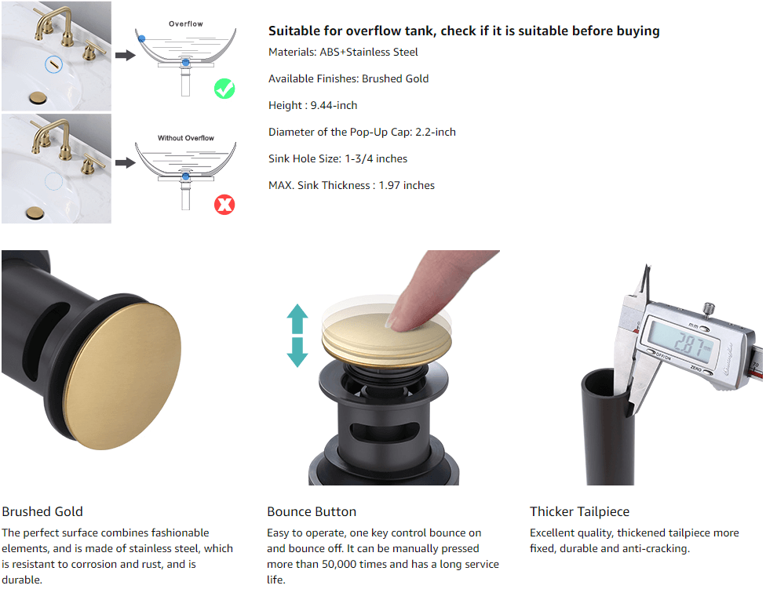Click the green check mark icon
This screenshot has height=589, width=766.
pyautogui.click(x=224, y=89)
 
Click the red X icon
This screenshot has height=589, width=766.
pyautogui.click(x=224, y=205)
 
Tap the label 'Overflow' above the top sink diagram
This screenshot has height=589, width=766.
pyautogui.click(x=186, y=24)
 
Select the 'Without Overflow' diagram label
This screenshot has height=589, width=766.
pyautogui.click(x=186, y=138)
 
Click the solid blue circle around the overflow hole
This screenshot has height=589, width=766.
pyautogui.click(x=53, y=64)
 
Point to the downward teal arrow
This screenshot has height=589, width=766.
pyautogui.click(x=297, y=352)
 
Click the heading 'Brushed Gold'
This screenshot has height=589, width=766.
pyautogui.click(x=42, y=511)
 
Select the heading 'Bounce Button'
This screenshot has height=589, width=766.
pyautogui.click(x=312, y=511)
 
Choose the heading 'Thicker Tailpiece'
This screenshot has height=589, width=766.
pyautogui.click(x=580, y=511)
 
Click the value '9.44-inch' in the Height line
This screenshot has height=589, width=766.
pyautogui.click(x=334, y=105)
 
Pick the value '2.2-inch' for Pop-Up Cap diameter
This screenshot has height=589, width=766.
pyautogui.click(x=436, y=133)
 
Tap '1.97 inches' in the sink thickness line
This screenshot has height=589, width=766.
pyautogui.click(x=407, y=185)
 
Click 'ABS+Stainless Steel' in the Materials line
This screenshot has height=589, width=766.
pyautogui.click(x=369, y=53)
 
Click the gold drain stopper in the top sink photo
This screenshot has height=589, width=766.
pyautogui.click(x=38, y=97)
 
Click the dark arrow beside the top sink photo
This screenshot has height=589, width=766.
pyautogui.click(x=126, y=55)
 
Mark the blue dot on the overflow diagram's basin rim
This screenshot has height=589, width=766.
pyautogui.click(x=142, y=38)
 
